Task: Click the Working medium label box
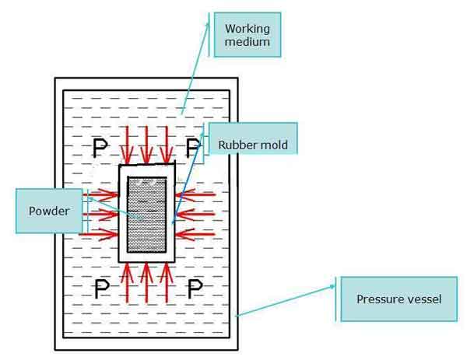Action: pyautogui.click(x=248, y=35)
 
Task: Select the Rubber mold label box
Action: pyautogui.click(x=253, y=138)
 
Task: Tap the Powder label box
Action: pyautogui.click(x=49, y=211)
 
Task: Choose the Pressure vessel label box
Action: pyautogui.click(x=399, y=299)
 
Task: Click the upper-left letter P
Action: pyautogui.click(x=100, y=148)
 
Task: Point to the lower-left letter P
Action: pyautogui.click(x=102, y=288)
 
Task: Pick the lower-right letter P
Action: pyautogui.click(x=195, y=288)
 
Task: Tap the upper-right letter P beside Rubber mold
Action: pyautogui.click(x=193, y=148)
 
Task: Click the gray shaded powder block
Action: pyautogui.click(x=147, y=215)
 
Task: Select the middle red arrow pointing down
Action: pyautogui.click(x=146, y=145)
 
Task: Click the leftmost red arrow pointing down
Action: pyautogui.click(x=128, y=145)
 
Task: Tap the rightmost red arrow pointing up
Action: pyautogui.click(x=167, y=283)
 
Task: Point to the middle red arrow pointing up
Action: pyautogui.click(x=146, y=283)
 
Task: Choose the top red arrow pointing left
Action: pyautogui.click(x=195, y=195)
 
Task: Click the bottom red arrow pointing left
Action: pyautogui.click(x=195, y=235)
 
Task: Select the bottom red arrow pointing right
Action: pyautogui.click(x=99, y=235)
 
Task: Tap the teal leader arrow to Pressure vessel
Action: pyautogui.click(x=286, y=301)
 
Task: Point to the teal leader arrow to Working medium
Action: pyautogui.click(x=195, y=68)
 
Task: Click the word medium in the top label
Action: pyautogui.click(x=248, y=42)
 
